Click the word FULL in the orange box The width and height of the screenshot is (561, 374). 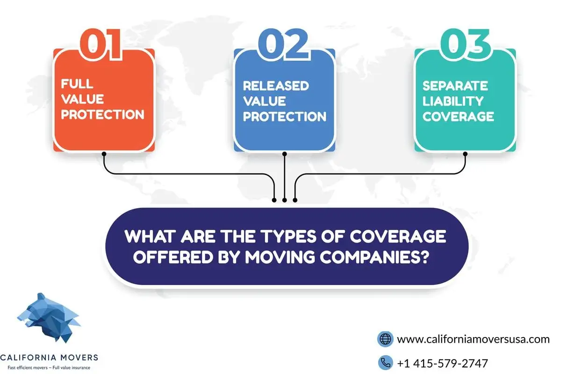(77, 84)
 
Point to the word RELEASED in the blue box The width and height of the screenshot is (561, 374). (276, 86)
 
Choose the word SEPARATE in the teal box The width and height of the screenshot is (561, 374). (455, 86)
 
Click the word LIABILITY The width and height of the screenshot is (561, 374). (453, 101)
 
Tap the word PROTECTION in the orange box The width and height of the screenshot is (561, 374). (103, 115)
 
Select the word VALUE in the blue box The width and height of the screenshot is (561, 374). (264, 101)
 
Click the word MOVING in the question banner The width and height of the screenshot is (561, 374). (280, 257)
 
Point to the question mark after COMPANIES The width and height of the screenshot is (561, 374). (424, 257)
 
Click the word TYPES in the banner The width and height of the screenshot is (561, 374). (288, 236)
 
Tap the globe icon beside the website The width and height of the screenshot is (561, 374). (385, 339)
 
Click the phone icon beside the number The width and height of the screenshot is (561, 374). (385, 362)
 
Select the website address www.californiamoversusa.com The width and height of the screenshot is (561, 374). (473, 339)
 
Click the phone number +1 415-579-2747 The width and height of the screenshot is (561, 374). (443, 363)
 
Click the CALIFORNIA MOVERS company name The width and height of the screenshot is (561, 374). (49, 358)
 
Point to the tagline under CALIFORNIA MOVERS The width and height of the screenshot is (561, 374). (49, 368)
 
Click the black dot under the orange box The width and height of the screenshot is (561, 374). (104, 154)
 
